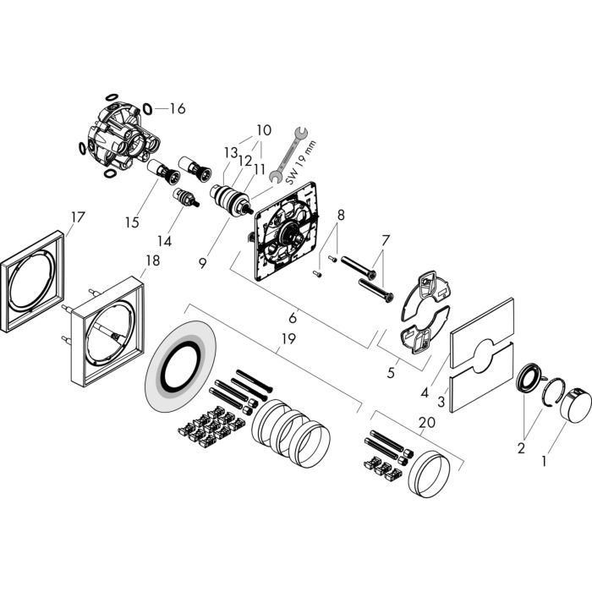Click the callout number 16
coord(178,109)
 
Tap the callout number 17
coord(78,217)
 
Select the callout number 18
coord(153,260)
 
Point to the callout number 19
coord(288,338)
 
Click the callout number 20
coord(427,422)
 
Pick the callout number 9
coord(203,263)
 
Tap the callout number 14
coord(165,241)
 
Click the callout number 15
coord(132,222)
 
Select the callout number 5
coord(391,373)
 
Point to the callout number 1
coord(544,461)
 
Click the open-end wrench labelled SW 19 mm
coord(290,155)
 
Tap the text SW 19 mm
coord(300,162)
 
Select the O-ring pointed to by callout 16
coord(148,109)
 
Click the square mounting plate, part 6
coord(287,231)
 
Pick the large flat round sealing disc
coord(180,366)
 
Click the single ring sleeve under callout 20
coord(430,473)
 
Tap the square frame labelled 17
coord(32,282)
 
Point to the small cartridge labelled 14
coord(185,197)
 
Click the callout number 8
coord(341,215)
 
